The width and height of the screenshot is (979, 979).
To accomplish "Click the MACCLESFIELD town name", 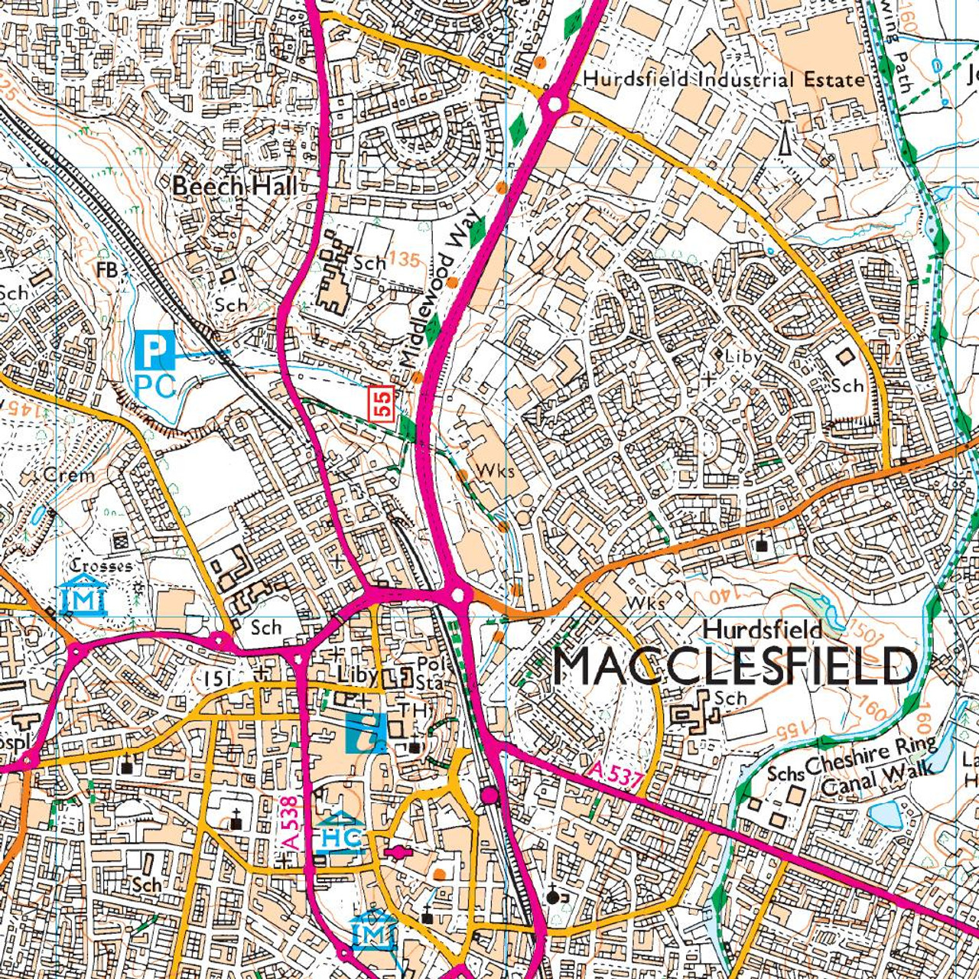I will coord(734,666).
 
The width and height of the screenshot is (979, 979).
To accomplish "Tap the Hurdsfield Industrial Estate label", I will coord(724,80).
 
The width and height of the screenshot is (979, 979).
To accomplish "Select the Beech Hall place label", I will coord(234,186).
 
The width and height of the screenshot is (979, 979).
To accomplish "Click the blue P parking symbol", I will coord(154,351).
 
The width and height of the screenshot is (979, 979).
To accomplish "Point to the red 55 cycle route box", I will coord(383,403).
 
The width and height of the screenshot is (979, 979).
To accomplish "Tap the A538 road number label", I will coord(290,823).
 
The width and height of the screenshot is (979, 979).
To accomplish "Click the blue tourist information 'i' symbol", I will coord(366,734).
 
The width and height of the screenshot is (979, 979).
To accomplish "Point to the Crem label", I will coord(69,475).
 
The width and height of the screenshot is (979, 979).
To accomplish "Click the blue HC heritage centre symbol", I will coord(341,835).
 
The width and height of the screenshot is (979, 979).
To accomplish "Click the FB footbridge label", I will coord(107,269).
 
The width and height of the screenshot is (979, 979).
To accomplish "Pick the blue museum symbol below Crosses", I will coord(82,597).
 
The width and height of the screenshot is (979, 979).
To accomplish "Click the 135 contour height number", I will coord(403,260).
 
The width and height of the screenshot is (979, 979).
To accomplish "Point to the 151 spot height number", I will coord(217,678).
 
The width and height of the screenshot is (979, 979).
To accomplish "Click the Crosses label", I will coord(101,566).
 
